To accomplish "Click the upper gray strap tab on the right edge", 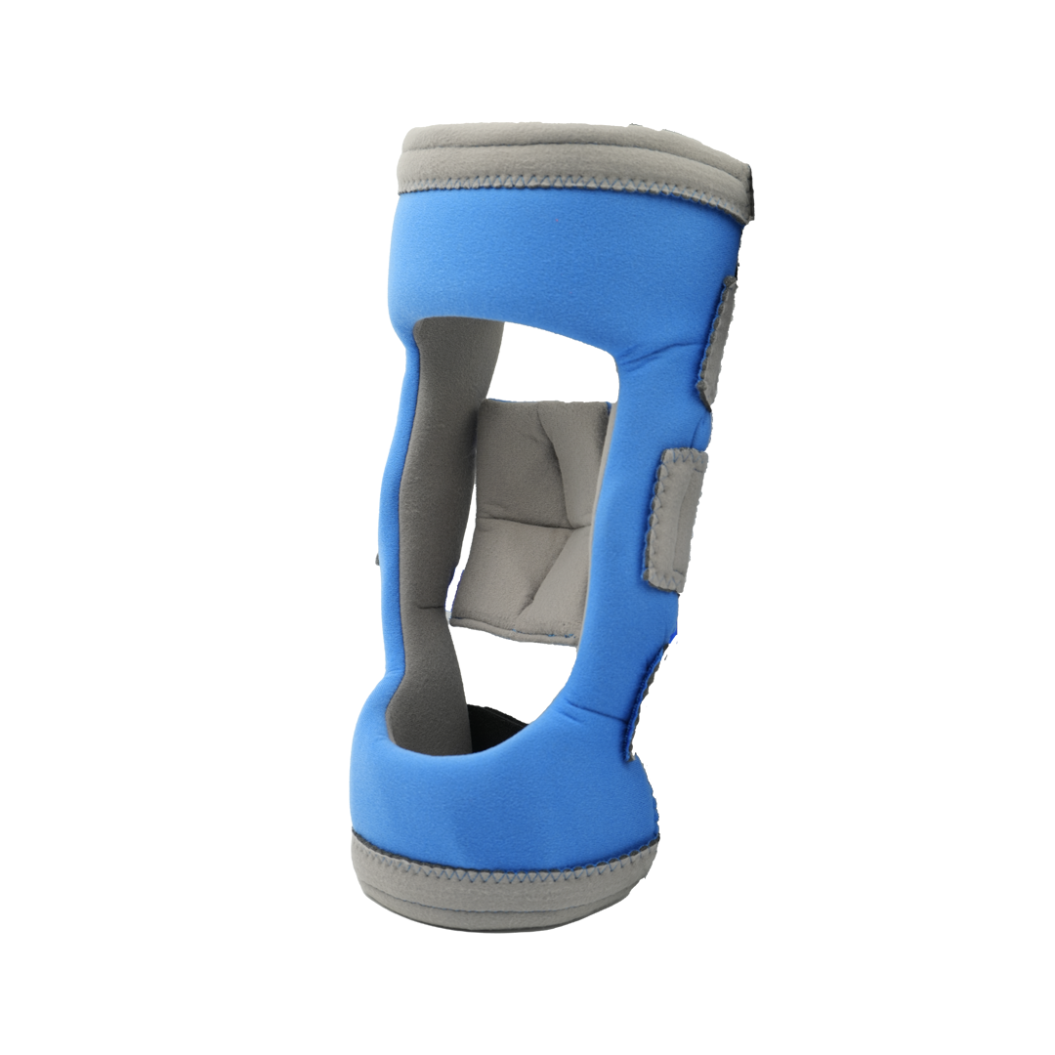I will tap(718, 337).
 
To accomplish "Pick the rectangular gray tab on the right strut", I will tap(675, 518).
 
